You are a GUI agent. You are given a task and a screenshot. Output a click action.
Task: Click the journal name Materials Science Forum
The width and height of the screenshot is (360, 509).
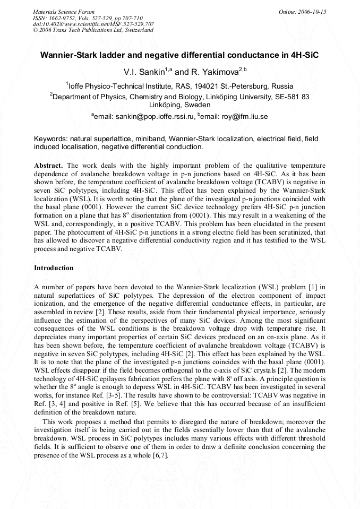pos(64,12)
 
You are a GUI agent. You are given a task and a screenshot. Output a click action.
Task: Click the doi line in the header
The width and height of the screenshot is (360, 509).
pos(93,24)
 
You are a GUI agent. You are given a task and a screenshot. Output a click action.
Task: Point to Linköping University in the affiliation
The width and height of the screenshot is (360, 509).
pos(234,97)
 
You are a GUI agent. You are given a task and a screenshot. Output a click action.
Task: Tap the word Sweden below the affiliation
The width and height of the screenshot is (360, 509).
pos(199,105)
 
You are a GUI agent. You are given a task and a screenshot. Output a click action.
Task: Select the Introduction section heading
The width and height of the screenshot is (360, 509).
pos(54,268)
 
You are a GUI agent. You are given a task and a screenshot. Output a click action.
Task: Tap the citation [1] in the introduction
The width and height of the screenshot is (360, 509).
pos(312,287)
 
